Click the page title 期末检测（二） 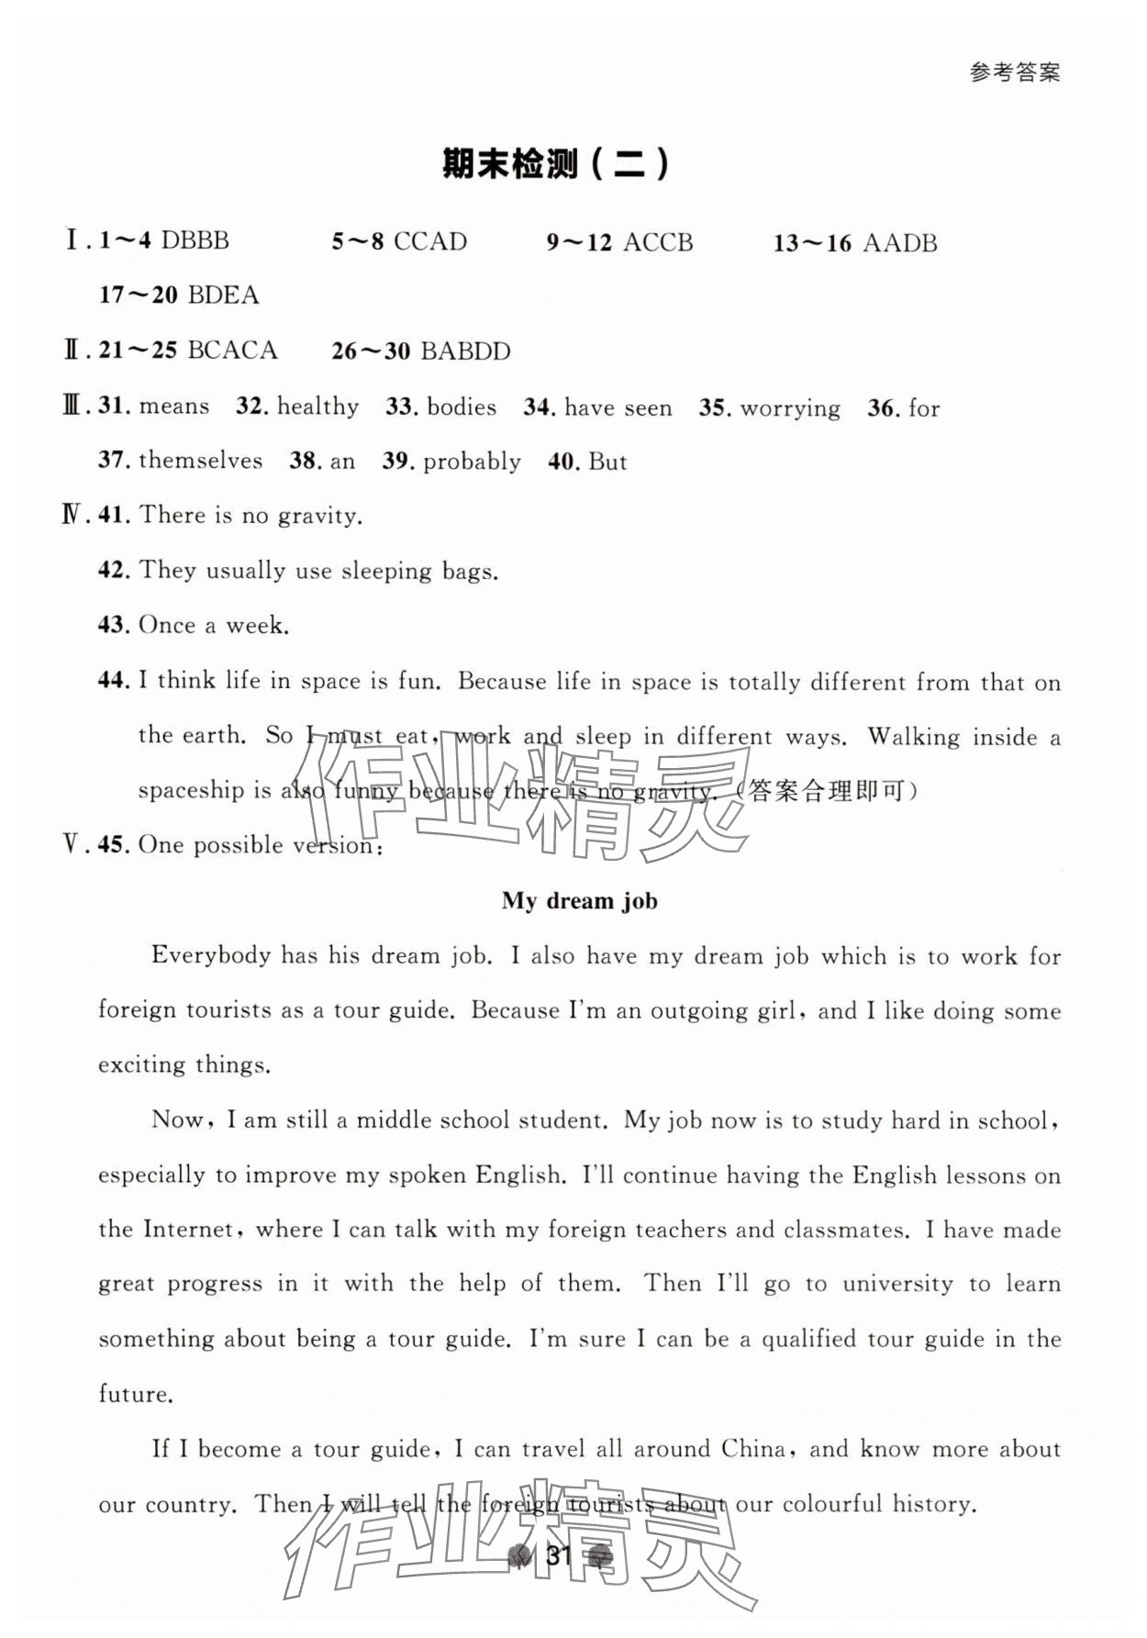556,164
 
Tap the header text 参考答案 1014,72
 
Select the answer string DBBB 195,241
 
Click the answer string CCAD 429,242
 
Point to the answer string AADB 900,243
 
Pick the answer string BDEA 223,295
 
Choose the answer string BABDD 465,351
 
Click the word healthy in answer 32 317,407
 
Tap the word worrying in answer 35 790,408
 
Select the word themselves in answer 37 200,461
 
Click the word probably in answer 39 472,462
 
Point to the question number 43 112,625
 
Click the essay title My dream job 579,900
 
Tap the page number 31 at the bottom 559,1554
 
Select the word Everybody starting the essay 211,955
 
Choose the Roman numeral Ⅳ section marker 72,515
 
